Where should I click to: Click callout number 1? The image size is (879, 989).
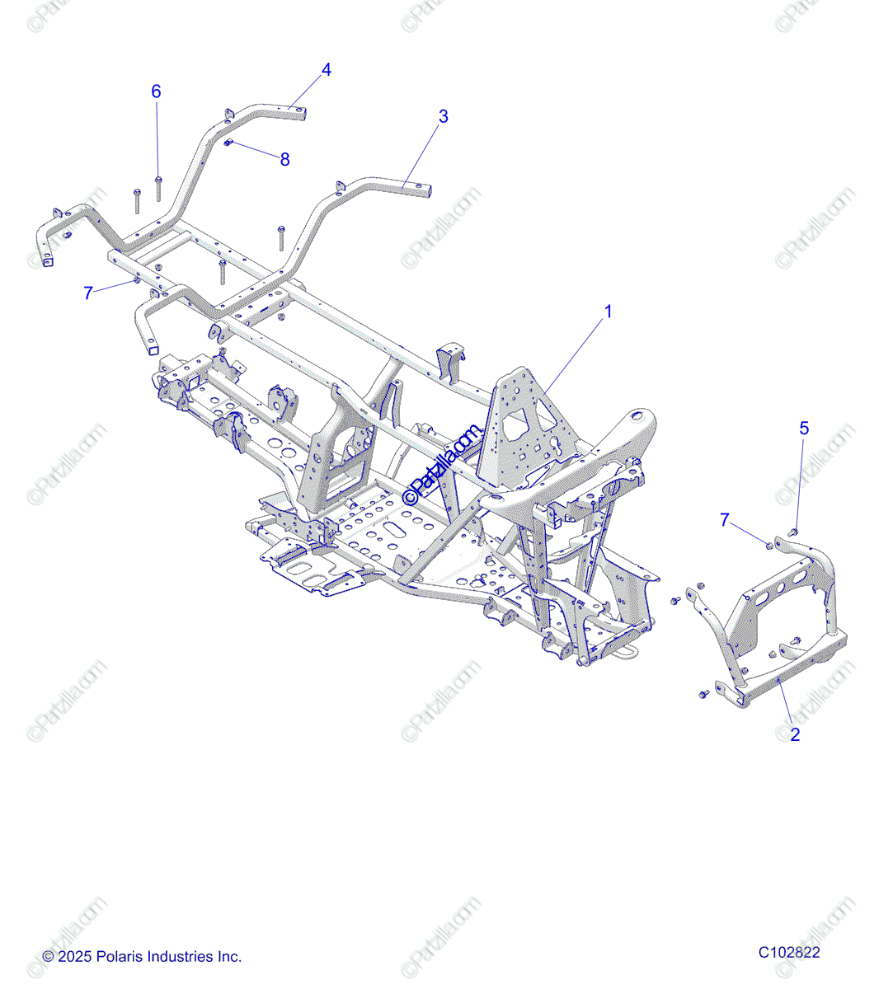coord(609,312)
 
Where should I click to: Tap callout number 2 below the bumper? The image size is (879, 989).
coord(795,734)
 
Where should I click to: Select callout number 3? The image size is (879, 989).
coord(444,116)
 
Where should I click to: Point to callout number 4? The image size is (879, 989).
coord(327,70)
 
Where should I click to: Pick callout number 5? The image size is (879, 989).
coord(804,428)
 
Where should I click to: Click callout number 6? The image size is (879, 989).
coord(156,91)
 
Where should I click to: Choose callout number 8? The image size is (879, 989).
coord(285,159)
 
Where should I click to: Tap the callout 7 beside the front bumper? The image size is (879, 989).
coord(725,519)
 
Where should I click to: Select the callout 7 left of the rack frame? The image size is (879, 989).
coord(88,293)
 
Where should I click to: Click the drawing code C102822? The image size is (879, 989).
coord(789,952)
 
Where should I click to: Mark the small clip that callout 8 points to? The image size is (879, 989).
coord(230,144)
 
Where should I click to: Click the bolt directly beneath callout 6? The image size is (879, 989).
coord(158,187)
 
